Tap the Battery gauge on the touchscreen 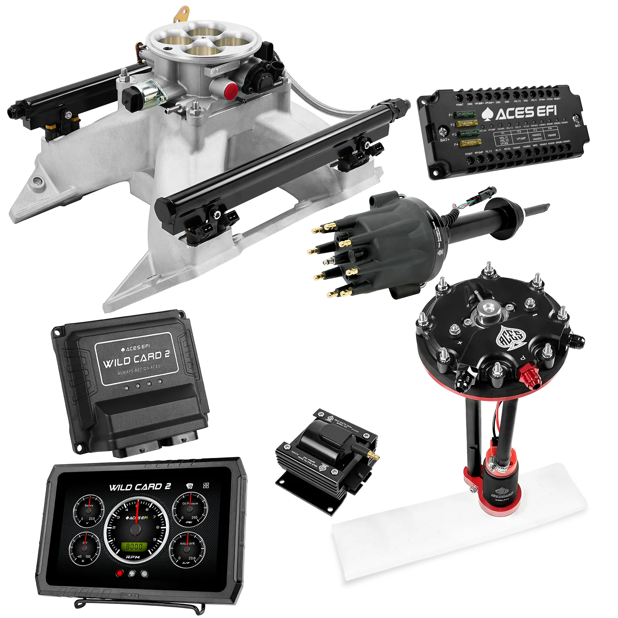pyautogui.click(x=88, y=512)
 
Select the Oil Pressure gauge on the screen pyautogui.click(x=190, y=510)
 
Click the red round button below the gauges pyautogui.click(x=120, y=574)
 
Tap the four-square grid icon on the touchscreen pyautogui.click(x=206, y=486)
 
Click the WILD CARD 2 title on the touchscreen pyautogui.click(x=140, y=487)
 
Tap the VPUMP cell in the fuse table pyautogui.click(x=521, y=138)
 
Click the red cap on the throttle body pyautogui.click(x=231, y=90)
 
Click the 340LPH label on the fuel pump pyautogui.click(x=501, y=500)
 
